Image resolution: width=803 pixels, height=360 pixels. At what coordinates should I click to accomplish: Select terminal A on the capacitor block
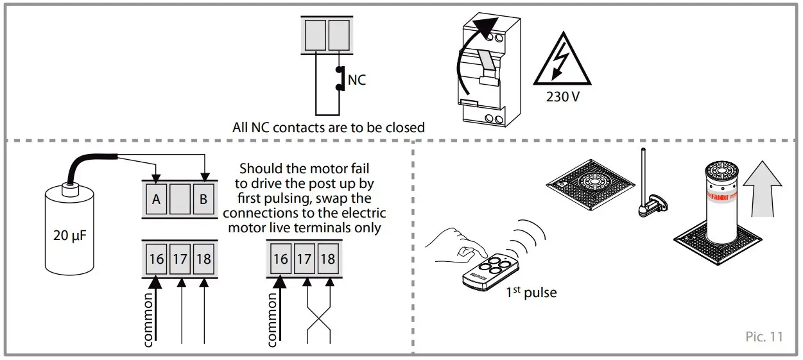(156, 200)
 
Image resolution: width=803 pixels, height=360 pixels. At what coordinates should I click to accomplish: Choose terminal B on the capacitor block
(203, 200)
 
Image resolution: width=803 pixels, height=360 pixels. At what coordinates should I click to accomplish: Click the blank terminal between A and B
(180, 200)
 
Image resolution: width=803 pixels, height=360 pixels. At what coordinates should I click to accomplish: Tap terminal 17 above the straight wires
(180, 259)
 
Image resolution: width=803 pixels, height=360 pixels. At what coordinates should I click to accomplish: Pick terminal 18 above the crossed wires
(327, 259)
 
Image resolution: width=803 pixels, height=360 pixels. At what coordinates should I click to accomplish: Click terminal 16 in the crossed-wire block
(280, 259)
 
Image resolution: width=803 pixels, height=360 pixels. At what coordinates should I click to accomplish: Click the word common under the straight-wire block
(148, 319)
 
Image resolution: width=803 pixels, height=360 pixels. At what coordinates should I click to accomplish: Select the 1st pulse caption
(531, 293)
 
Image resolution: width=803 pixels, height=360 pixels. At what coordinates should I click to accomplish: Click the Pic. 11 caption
(764, 336)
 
